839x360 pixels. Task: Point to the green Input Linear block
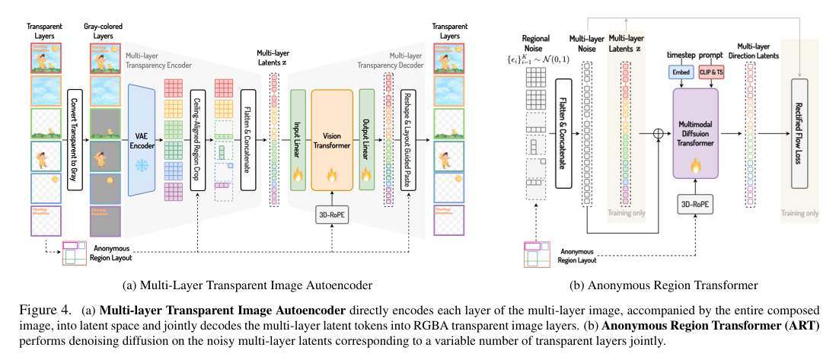click(x=298, y=139)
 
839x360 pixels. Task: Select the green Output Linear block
click(x=366, y=139)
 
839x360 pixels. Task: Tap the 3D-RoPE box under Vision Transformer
click(x=332, y=214)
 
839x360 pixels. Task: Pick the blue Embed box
click(x=679, y=72)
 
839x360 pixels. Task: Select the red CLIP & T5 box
click(x=712, y=72)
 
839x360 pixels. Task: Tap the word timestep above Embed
click(x=681, y=56)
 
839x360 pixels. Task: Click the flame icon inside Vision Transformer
click(x=332, y=174)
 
